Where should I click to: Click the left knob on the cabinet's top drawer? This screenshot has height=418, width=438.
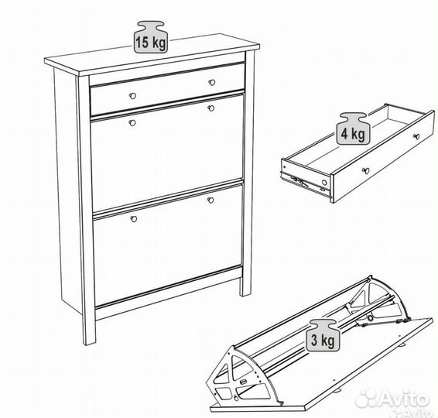132,95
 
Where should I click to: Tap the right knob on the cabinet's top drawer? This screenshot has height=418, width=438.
212,81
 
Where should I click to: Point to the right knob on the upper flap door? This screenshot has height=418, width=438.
210,109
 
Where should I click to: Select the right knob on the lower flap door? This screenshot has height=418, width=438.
210,200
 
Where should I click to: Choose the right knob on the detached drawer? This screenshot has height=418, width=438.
417,136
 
